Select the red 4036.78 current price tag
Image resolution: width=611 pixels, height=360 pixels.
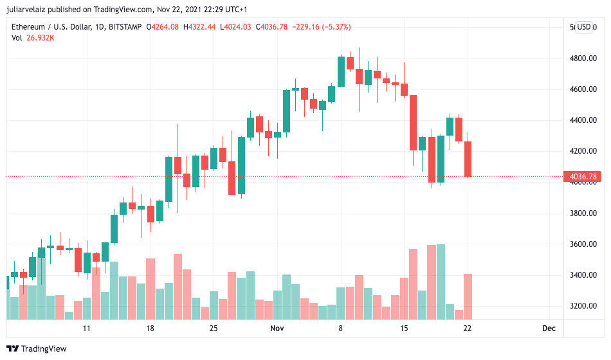click(583, 176)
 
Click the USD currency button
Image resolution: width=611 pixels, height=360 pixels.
click(583, 27)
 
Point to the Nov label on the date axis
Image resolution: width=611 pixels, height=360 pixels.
click(277, 328)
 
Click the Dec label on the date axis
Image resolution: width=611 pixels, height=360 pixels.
click(549, 328)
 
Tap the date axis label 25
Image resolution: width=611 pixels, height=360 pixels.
click(214, 328)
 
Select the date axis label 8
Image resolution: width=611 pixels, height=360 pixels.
click(341, 328)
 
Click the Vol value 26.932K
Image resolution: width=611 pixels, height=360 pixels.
click(41, 38)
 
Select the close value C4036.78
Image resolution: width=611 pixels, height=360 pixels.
click(273, 27)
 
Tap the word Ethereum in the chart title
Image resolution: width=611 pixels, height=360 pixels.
click(30, 27)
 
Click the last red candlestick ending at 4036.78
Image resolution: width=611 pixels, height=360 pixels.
click(468, 159)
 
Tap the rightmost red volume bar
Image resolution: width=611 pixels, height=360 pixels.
click(468, 296)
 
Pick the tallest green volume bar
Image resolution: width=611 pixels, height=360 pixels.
click(441, 282)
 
